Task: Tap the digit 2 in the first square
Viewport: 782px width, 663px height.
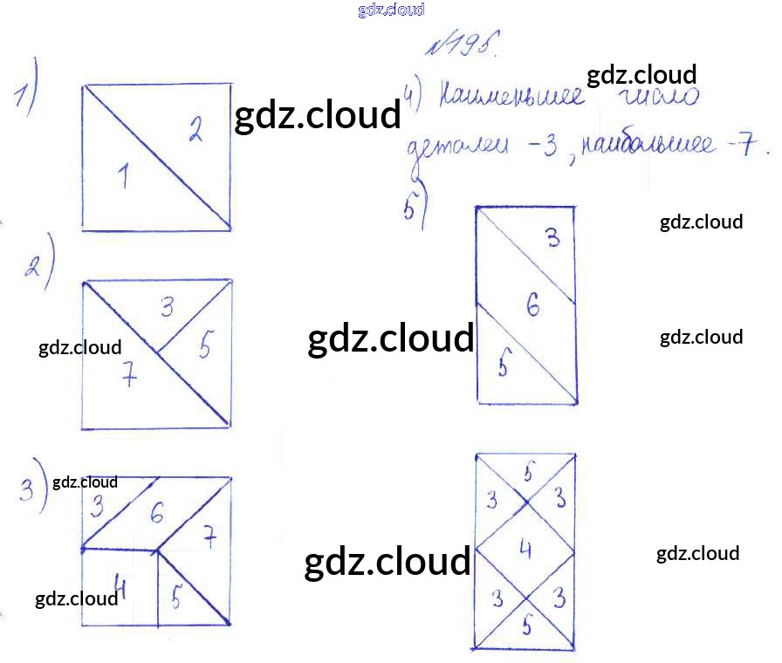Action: click(x=195, y=131)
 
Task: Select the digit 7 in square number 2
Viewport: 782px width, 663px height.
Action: click(x=128, y=377)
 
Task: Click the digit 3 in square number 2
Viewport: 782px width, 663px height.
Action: click(x=168, y=306)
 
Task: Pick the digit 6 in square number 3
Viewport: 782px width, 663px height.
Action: click(x=156, y=514)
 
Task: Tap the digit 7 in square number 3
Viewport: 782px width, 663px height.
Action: click(x=209, y=538)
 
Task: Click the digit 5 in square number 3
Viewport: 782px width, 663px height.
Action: click(x=176, y=599)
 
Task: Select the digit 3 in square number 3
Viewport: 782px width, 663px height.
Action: click(x=97, y=505)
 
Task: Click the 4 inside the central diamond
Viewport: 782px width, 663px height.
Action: click(x=525, y=549)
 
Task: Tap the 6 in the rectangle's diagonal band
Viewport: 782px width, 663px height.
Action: click(x=532, y=305)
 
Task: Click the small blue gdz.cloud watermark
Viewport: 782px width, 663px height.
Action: click(x=390, y=10)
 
